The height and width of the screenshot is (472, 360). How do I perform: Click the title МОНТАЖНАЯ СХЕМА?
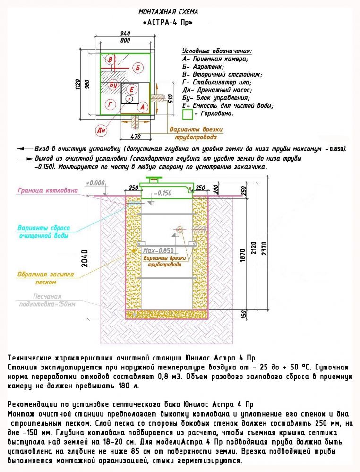(168, 12)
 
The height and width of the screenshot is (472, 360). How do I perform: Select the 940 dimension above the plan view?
(125, 33)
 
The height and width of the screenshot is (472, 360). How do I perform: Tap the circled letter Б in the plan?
(138, 68)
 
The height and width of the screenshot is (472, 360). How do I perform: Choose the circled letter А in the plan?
(141, 107)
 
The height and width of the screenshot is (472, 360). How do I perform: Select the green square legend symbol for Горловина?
(187, 114)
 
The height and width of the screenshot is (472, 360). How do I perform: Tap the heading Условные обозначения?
(217, 51)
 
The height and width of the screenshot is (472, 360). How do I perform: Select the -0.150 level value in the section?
(164, 193)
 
